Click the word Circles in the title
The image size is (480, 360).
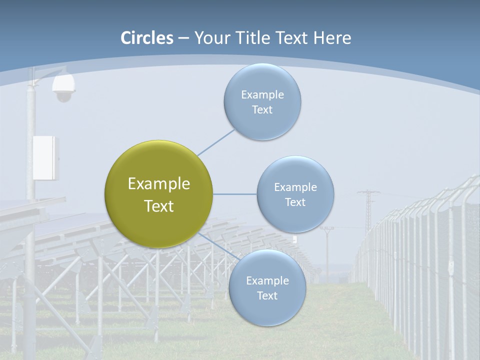point(146,38)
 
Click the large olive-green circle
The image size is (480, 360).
point(158,194)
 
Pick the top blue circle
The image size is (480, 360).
point(262,101)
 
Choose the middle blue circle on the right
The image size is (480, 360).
point(295,194)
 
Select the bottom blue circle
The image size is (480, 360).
point(267,287)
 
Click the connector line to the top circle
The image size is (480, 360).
point(216,142)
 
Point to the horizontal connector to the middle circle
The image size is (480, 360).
point(234,194)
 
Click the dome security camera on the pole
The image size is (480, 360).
point(63,88)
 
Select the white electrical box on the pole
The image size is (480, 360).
point(45,157)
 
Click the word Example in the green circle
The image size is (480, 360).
point(158,184)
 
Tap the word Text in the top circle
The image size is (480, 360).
point(262,110)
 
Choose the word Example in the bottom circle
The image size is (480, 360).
point(267,280)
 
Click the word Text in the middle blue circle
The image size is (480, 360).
point(295,202)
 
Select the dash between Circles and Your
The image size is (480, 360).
point(183,38)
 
